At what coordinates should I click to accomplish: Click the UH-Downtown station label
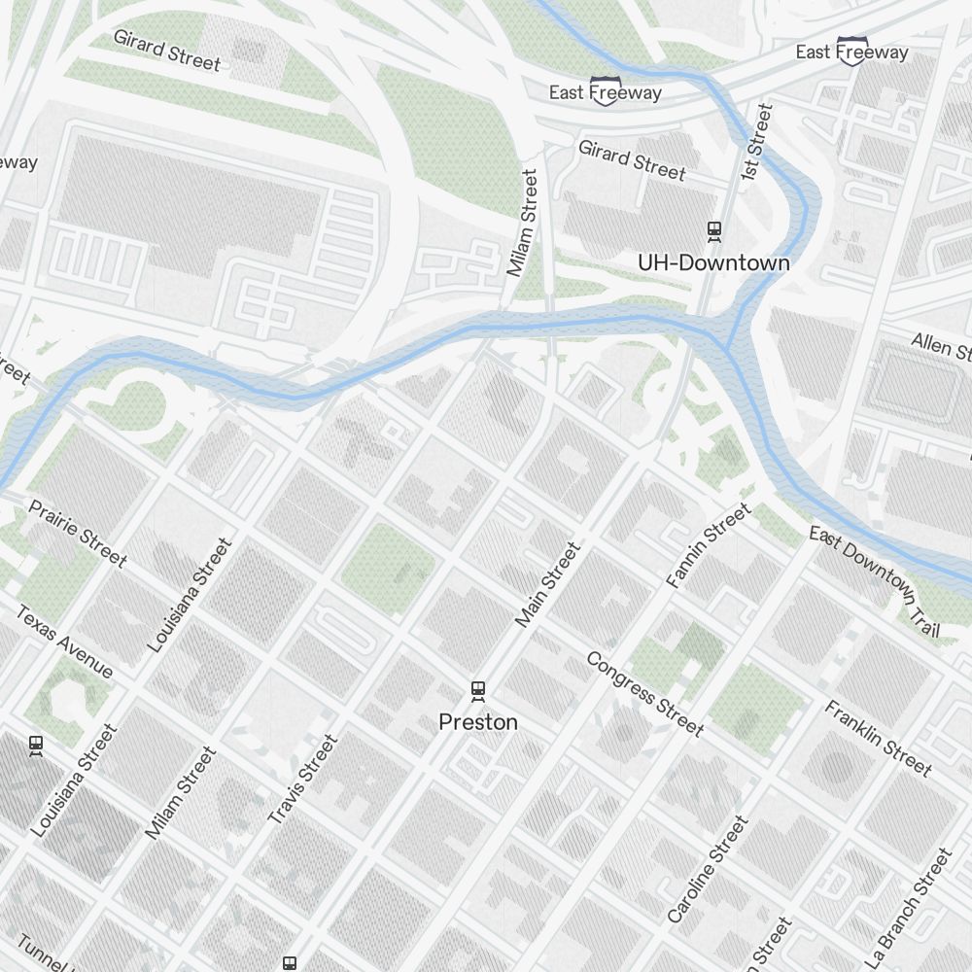(713, 262)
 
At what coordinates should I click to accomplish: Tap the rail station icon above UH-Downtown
(714, 231)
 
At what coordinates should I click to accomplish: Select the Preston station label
(477, 722)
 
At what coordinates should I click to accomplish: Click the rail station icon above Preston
(477, 691)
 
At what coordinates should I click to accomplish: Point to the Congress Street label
(643, 693)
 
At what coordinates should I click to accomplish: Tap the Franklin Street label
(878, 739)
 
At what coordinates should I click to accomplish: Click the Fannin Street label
(709, 545)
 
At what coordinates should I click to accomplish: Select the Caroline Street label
(708, 870)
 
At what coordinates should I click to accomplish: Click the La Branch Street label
(907, 899)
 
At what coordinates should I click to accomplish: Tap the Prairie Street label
(77, 533)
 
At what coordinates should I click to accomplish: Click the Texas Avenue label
(64, 642)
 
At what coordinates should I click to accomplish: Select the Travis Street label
(302, 781)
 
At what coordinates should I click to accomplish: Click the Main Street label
(547, 584)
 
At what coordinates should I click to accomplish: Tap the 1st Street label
(755, 142)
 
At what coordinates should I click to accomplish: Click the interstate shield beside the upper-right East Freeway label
(852, 51)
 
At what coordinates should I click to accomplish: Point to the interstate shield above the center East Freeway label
(604, 89)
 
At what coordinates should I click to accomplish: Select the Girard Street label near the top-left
(167, 50)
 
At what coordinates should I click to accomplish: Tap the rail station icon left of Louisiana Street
(36, 746)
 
